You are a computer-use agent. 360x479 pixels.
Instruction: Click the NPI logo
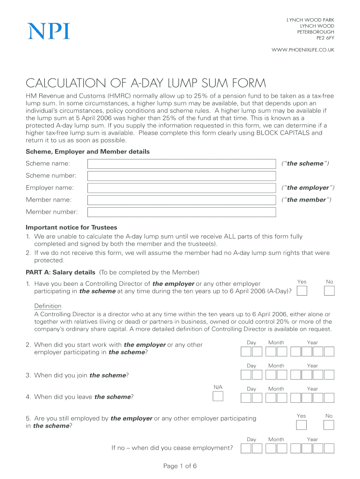click(49, 31)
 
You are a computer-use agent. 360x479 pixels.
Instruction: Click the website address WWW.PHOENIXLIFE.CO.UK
click(303, 50)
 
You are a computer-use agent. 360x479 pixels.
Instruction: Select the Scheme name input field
click(182, 164)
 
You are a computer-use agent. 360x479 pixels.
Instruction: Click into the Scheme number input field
click(182, 176)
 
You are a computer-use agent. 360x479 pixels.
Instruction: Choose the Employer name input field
click(182, 188)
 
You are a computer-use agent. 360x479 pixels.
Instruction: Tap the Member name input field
click(182, 200)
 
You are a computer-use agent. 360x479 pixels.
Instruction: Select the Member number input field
click(182, 212)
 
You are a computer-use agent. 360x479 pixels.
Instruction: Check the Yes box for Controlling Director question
click(302, 291)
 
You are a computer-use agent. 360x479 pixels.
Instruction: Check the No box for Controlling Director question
click(329, 291)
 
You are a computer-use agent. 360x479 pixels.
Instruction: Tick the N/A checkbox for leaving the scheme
click(218, 397)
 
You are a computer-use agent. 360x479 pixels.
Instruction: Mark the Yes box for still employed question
click(302, 425)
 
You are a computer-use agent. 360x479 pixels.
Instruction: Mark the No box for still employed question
click(329, 425)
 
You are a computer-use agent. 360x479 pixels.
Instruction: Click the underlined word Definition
click(48, 306)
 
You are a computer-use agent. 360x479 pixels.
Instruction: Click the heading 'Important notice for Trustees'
click(71, 228)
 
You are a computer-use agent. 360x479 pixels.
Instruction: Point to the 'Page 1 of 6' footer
click(180, 466)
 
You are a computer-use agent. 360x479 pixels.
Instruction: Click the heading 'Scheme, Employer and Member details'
click(87, 152)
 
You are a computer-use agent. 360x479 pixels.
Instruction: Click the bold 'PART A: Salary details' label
click(61, 272)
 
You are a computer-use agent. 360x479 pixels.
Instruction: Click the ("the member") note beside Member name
click(306, 200)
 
